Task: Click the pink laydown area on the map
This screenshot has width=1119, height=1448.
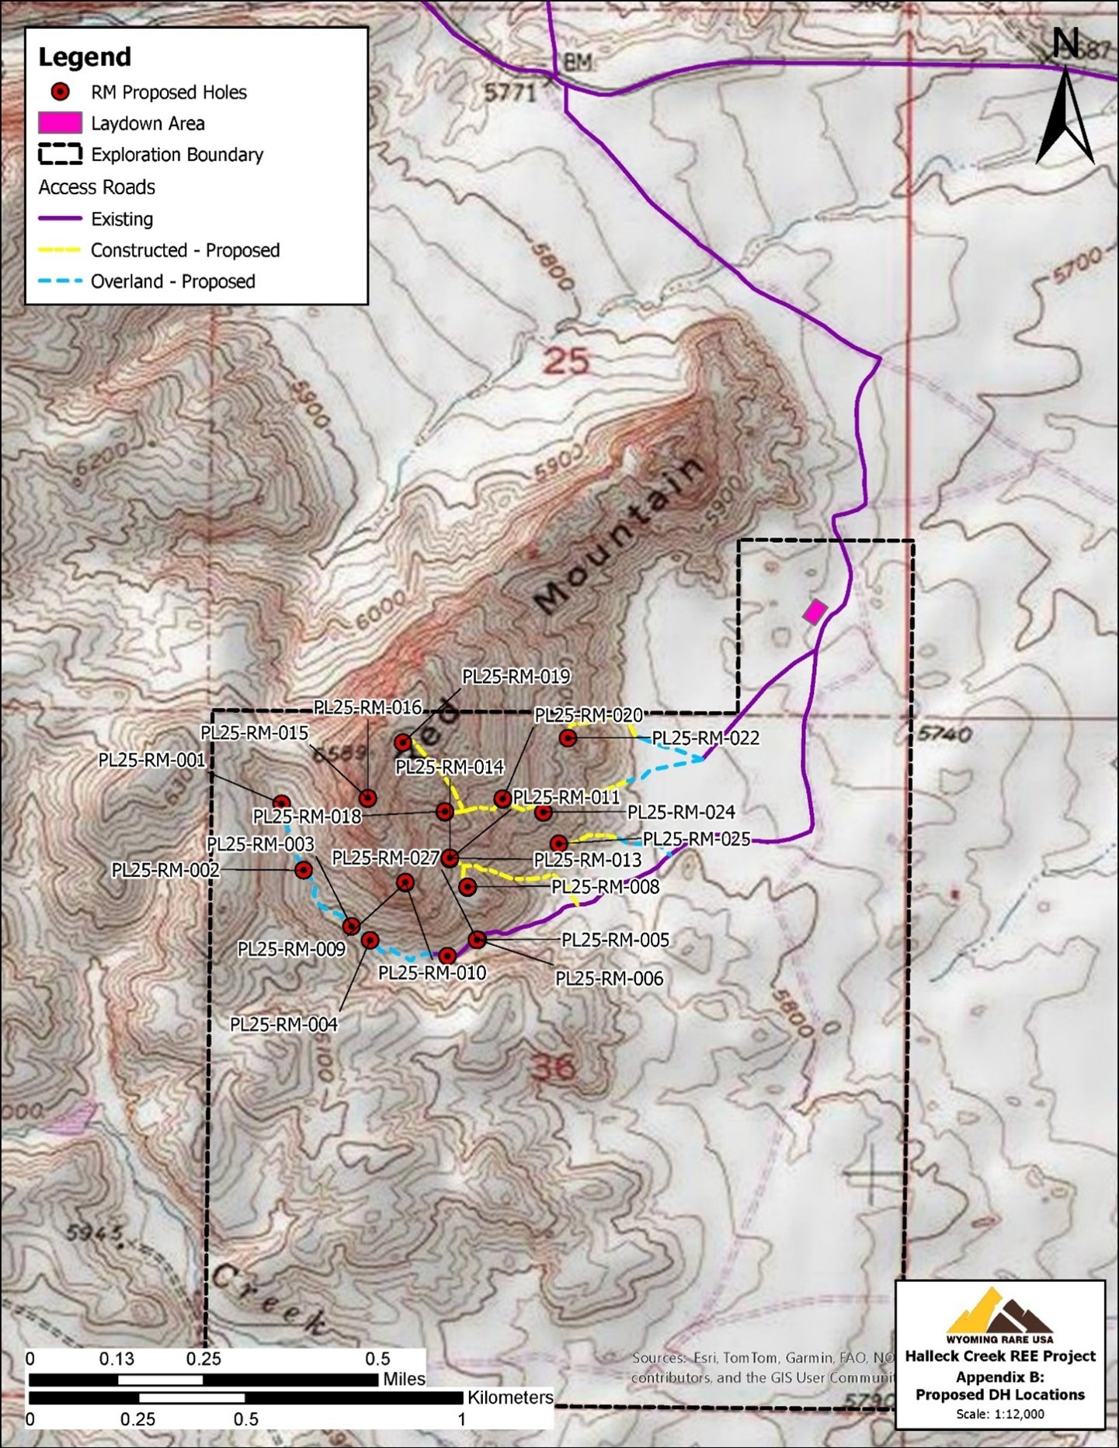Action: pos(814,611)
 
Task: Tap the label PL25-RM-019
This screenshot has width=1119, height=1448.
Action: pos(516,677)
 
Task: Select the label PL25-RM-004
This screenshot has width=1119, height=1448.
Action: pos(283,1025)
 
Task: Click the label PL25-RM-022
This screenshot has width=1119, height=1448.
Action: pos(705,737)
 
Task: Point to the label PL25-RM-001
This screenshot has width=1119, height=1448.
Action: pos(152,760)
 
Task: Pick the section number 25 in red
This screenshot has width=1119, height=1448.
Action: pos(566,360)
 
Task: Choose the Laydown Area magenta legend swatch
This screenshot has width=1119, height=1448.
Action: pos(60,123)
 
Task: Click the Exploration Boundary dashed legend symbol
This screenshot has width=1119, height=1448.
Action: pos(60,154)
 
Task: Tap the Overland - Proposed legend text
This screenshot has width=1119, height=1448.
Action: pos(172,281)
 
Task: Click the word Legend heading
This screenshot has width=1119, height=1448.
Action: pos(85,57)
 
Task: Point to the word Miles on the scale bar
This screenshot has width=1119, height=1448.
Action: pos(404,1379)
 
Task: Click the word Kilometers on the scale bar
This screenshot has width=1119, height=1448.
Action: pos(510,1398)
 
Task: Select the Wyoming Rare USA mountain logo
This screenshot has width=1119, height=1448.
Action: pos(999,1313)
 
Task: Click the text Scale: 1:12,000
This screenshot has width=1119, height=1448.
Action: pos(1000,1414)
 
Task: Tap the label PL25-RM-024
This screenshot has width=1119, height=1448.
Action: pos(681,813)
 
